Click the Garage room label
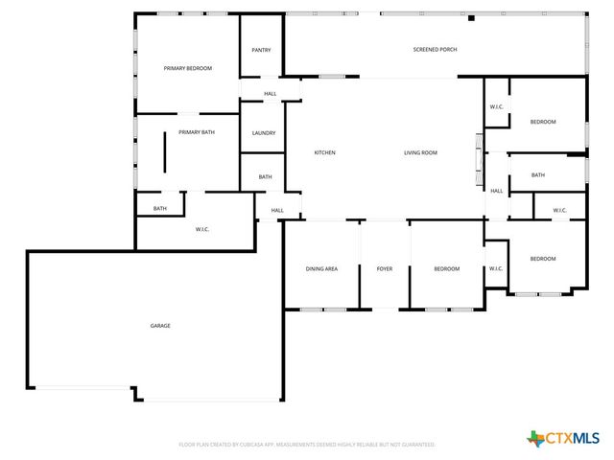click(160, 326)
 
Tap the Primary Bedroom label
click(187, 68)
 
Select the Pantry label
click(261, 50)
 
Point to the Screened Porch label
click(435, 50)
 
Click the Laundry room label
click(264, 133)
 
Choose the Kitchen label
click(325, 153)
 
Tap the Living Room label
click(420, 153)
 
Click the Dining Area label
click(321, 269)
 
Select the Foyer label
click(385, 269)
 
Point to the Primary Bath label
click(195, 132)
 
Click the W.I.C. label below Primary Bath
click(202, 228)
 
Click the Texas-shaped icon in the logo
click(536, 438)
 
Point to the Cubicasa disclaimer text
click(307, 445)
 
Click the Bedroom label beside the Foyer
click(446, 269)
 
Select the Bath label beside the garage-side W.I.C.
click(160, 209)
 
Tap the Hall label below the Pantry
click(271, 94)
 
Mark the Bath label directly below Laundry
click(265, 177)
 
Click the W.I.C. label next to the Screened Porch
click(496, 106)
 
